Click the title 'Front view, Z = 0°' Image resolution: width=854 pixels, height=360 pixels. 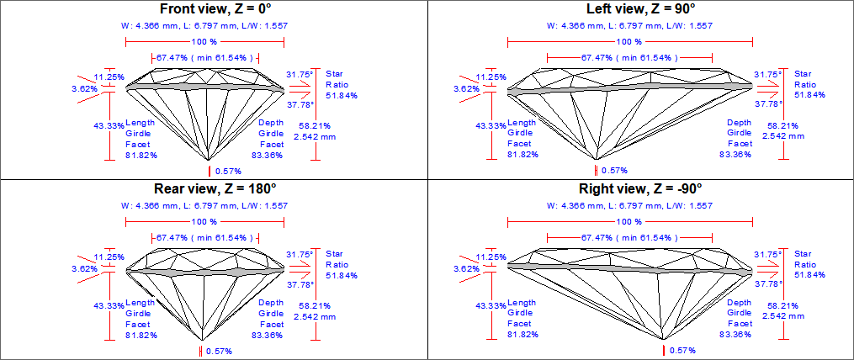coord(210,9)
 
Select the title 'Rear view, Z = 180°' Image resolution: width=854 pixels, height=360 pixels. coord(210,188)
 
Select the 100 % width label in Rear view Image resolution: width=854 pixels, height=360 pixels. coord(204,221)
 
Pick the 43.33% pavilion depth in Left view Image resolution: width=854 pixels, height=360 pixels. coord(491,125)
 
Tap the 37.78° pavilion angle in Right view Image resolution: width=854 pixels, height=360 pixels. coord(768,284)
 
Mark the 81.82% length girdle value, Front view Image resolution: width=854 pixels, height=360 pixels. coord(141,155)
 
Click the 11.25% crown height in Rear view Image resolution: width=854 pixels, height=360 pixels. coord(109,257)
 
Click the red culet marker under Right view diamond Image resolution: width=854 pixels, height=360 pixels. coord(664,349)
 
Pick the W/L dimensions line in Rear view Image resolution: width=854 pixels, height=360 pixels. coord(210,205)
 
